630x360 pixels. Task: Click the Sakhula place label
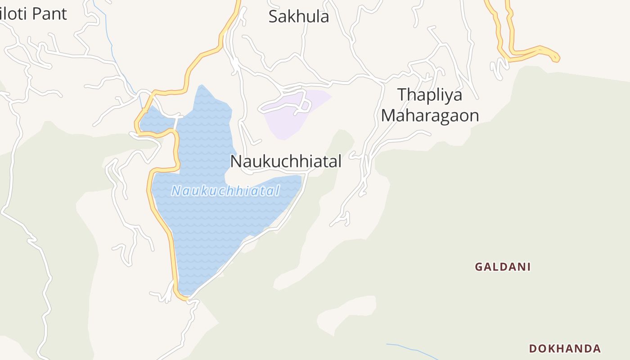click(x=298, y=17)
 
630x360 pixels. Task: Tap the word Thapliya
click(x=430, y=95)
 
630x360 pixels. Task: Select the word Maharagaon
click(x=430, y=116)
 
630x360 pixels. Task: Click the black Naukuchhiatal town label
click(x=286, y=161)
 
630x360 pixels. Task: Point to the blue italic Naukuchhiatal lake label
click(x=225, y=191)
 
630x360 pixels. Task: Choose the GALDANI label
click(x=503, y=267)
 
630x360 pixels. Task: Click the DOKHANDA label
click(x=565, y=348)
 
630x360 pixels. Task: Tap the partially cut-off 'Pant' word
click(x=48, y=14)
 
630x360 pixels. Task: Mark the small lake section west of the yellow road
click(x=156, y=121)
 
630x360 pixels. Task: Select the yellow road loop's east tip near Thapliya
click(x=557, y=57)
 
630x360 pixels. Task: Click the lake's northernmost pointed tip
click(x=201, y=86)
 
